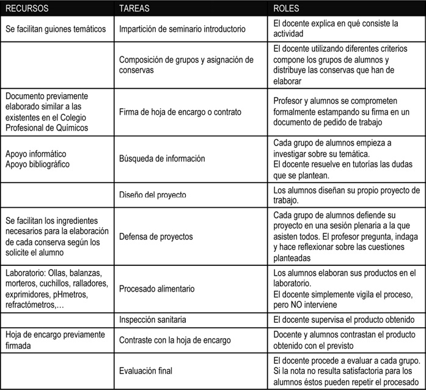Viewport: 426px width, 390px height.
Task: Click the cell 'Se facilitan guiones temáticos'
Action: click(x=56, y=29)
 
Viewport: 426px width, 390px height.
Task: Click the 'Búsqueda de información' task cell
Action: click(x=162, y=159)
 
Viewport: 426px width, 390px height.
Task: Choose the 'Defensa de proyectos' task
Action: click(x=156, y=236)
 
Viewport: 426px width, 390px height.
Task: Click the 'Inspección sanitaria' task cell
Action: click(x=153, y=320)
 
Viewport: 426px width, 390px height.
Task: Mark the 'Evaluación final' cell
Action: click(x=145, y=370)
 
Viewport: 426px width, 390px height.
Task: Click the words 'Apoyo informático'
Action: click(x=35, y=153)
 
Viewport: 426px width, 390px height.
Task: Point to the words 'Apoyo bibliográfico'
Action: click(x=39, y=164)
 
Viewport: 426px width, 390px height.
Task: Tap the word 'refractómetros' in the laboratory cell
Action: click(x=31, y=304)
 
